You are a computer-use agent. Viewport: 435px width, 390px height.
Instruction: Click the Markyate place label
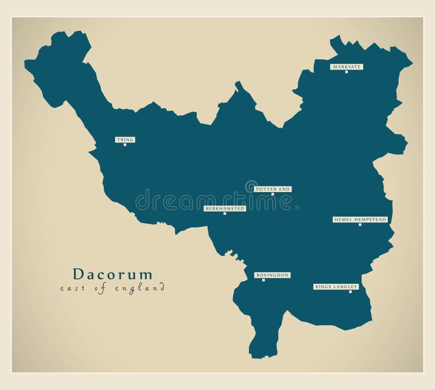click(x=346, y=67)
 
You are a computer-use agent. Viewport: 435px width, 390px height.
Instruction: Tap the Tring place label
click(x=125, y=140)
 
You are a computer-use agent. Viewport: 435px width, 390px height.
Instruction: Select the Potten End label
click(x=273, y=189)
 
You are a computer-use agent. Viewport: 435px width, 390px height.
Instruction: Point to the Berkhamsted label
click(x=225, y=208)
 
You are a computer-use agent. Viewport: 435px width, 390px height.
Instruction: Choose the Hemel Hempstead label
click(x=360, y=220)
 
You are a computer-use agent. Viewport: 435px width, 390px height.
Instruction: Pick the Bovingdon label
click(x=272, y=275)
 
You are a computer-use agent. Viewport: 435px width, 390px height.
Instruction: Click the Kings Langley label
click(x=336, y=287)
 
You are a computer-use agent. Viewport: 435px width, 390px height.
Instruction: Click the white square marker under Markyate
click(x=346, y=72)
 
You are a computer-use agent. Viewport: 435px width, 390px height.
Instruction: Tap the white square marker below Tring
click(x=125, y=145)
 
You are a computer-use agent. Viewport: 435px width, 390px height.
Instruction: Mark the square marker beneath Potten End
click(x=273, y=194)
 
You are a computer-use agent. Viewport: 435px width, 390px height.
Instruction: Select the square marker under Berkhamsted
click(x=225, y=213)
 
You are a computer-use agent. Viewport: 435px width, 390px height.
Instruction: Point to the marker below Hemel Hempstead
click(x=360, y=225)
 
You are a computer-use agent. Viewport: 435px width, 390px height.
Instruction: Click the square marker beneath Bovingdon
click(x=264, y=280)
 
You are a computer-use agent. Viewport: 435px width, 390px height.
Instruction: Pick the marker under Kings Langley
click(x=350, y=292)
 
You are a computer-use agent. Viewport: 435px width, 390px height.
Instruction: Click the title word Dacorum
click(x=113, y=274)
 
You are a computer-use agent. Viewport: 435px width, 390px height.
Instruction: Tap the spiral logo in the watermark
click(x=251, y=187)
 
